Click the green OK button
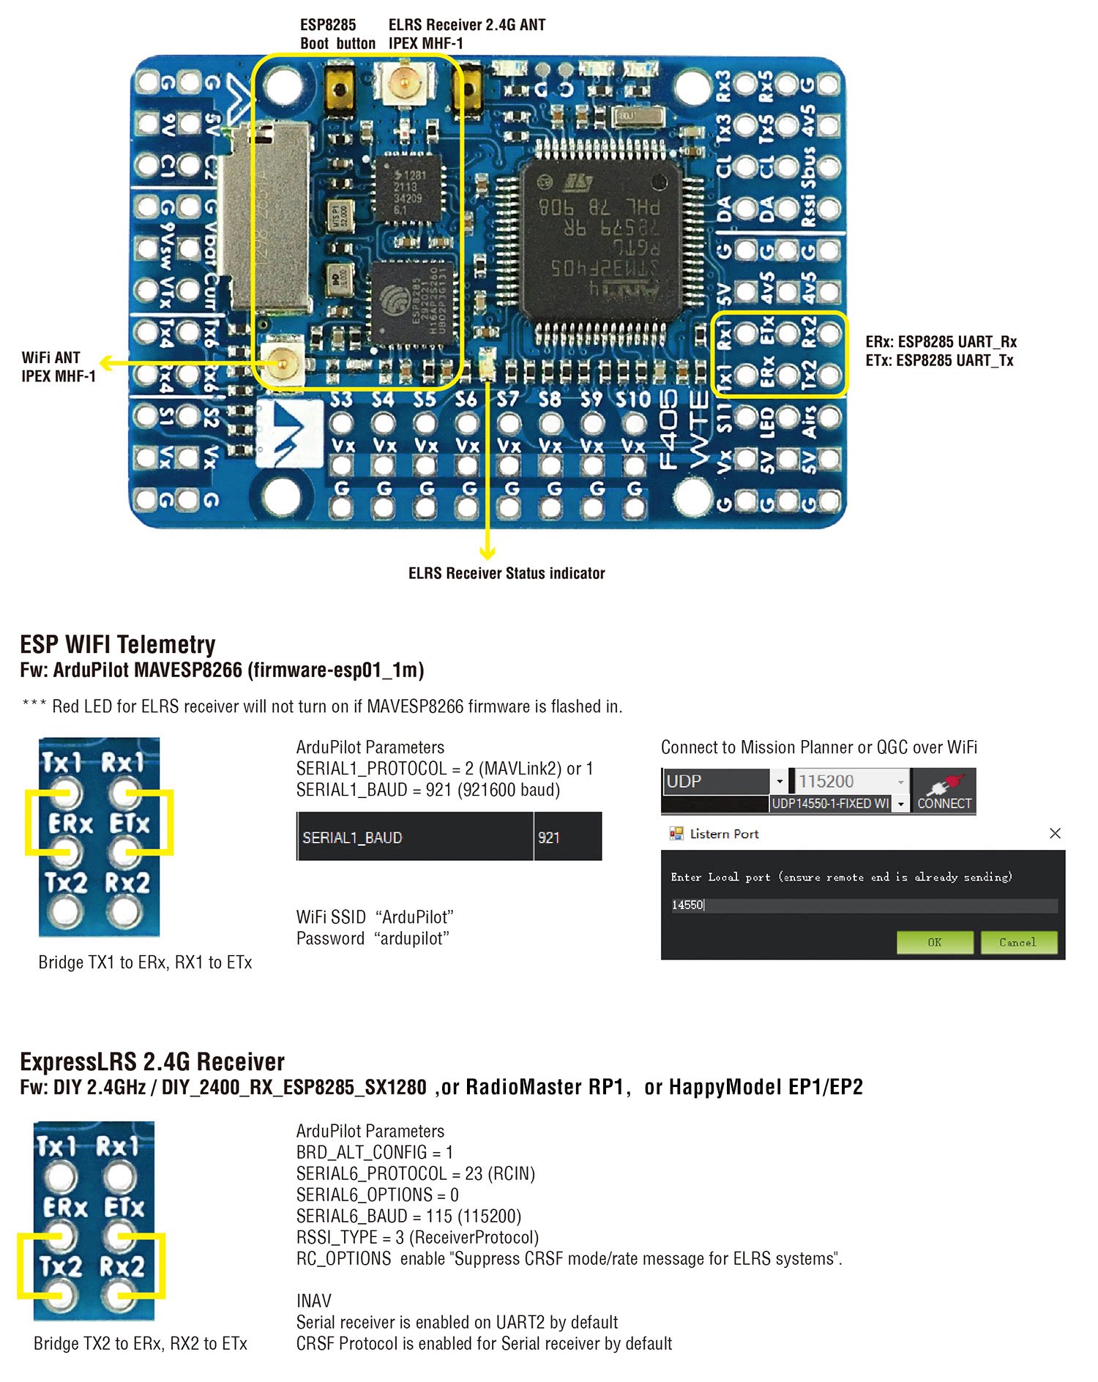point(935,942)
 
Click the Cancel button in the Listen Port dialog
point(1017,942)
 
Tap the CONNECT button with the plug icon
point(944,791)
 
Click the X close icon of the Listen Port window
point(1055,833)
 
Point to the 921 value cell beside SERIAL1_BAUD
point(567,837)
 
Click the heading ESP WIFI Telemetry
point(118,644)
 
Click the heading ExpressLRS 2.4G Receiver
point(152,1061)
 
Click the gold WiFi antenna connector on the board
point(283,362)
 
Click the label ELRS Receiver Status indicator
point(507,573)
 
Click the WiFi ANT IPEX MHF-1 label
point(59,367)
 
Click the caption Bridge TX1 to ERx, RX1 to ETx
point(145,963)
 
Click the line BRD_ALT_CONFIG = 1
point(374,1152)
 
